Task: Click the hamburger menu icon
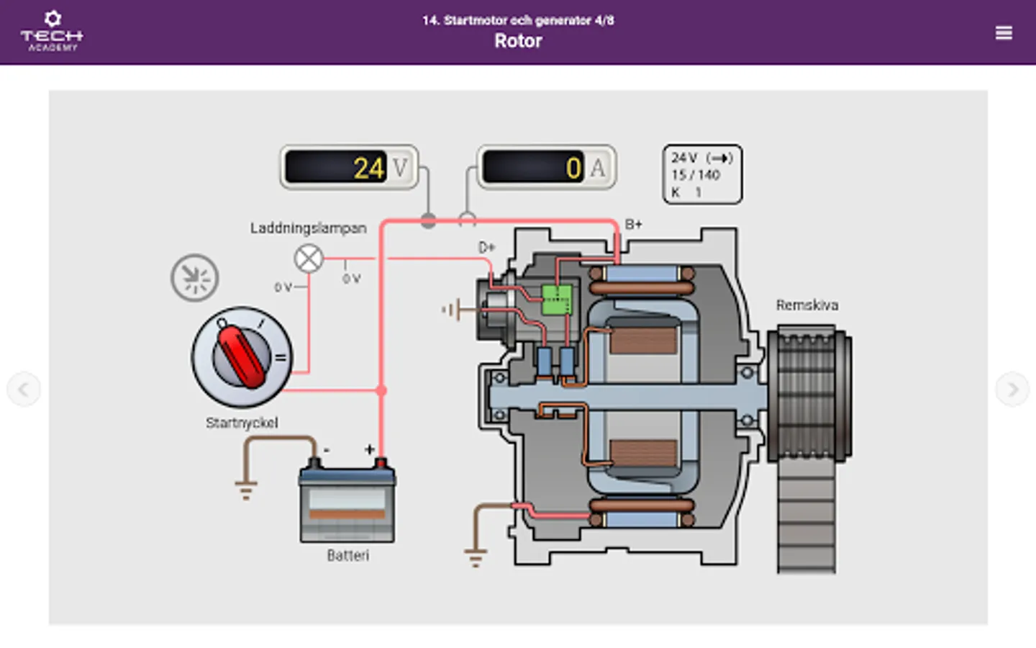coord(1004,33)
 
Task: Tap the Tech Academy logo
coord(52,32)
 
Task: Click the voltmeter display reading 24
coord(348,168)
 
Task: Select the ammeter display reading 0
coord(546,168)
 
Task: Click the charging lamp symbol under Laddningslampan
coord(309,258)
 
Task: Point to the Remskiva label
coord(806,305)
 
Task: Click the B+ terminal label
coord(633,225)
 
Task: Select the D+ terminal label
coord(487,248)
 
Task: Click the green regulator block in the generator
coord(557,299)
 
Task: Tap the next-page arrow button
coord(1012,390)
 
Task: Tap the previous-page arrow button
coord(24,390)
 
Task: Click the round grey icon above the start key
coord(194,277)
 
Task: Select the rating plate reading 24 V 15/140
coord(701,174)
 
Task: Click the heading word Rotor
coord(518,41)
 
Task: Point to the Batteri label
coord(347,556)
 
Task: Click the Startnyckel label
coord(242,423)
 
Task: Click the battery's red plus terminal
coord(381,462)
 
